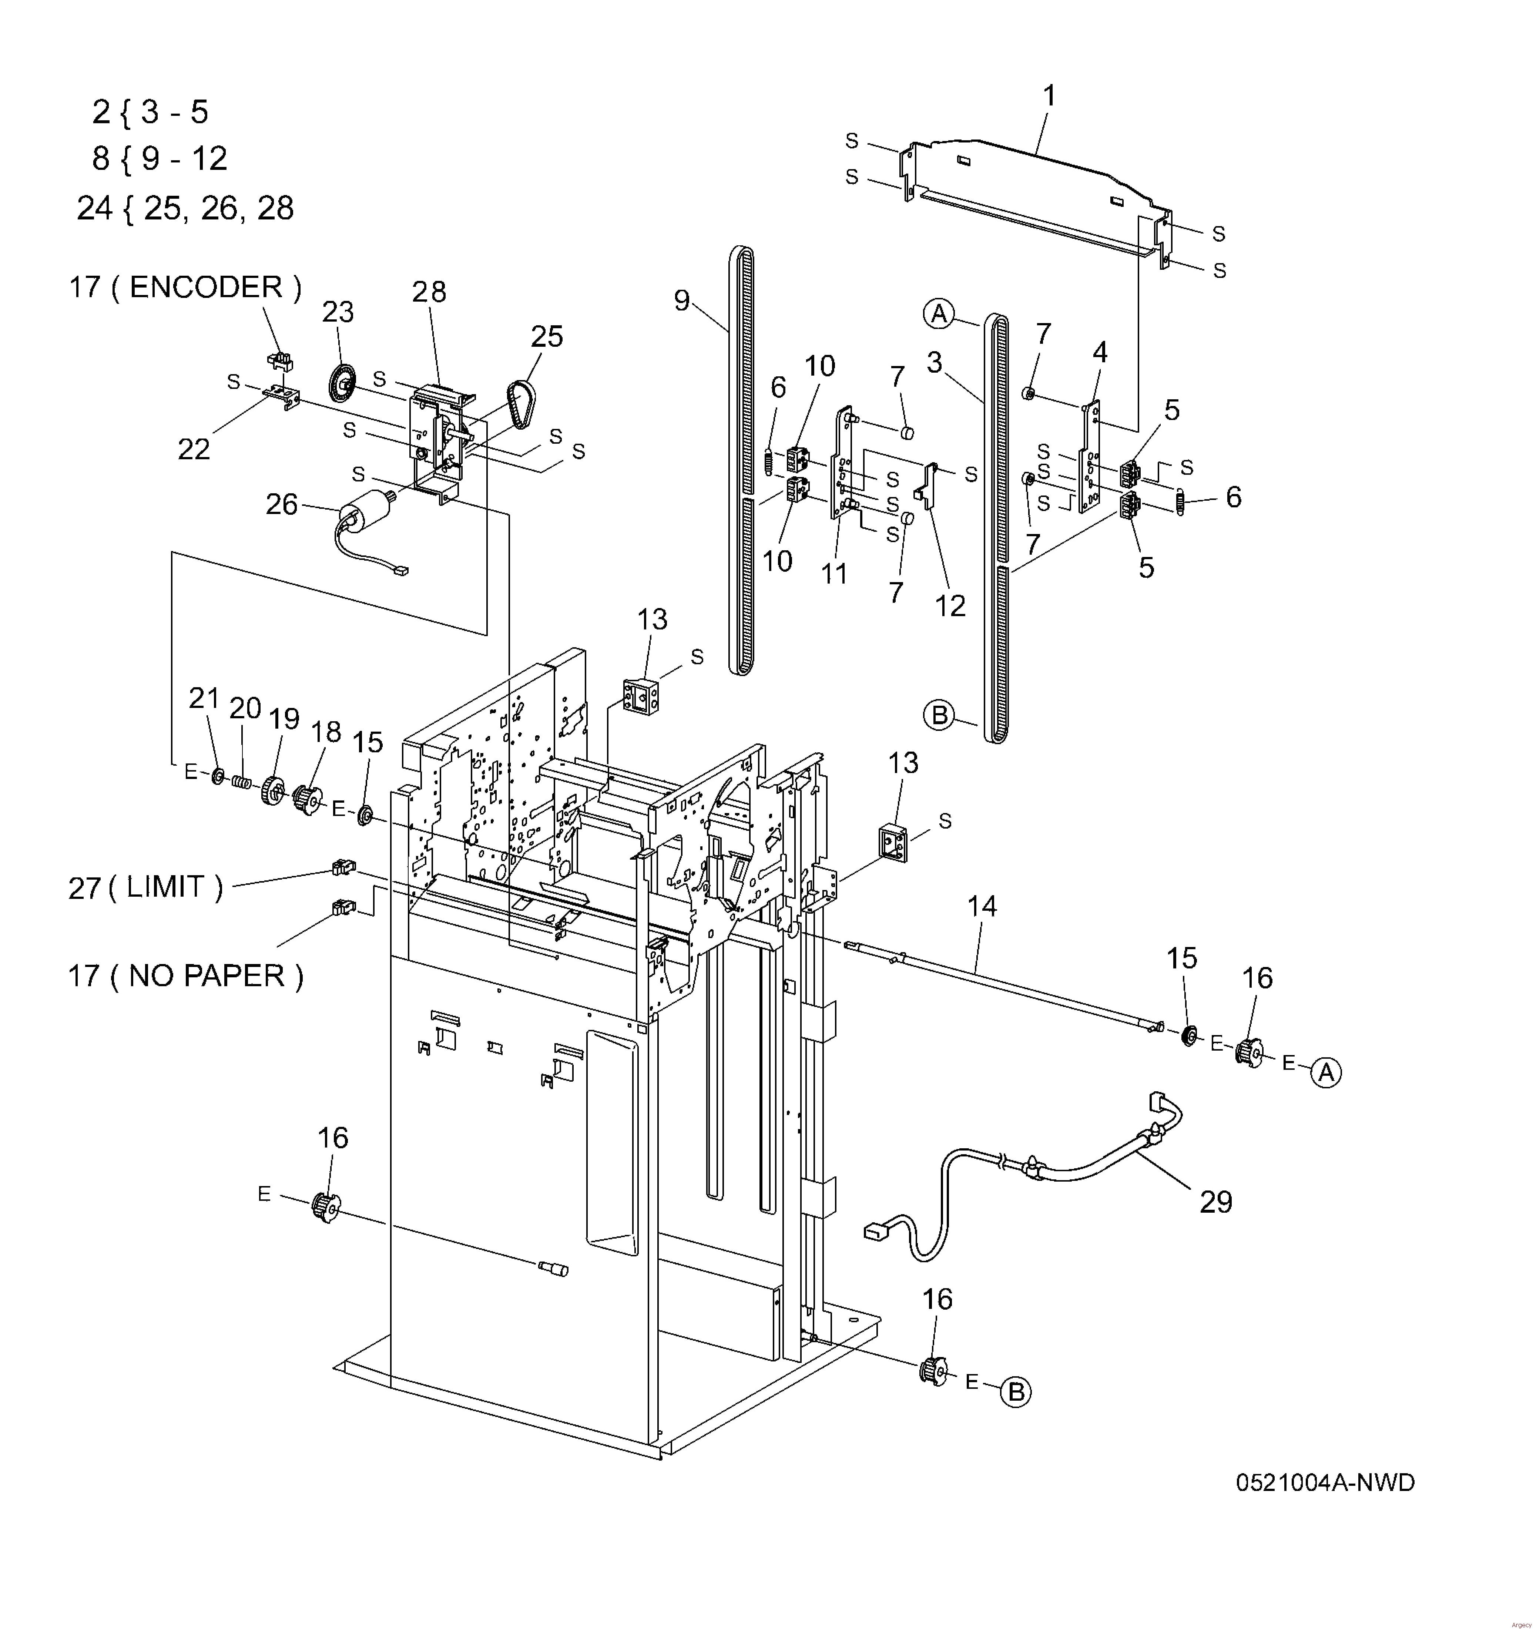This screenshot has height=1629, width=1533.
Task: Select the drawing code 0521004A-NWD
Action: coord(1325,1482)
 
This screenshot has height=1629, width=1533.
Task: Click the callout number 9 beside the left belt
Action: coord(682,301)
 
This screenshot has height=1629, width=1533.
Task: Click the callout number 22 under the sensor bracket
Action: coord(194,449)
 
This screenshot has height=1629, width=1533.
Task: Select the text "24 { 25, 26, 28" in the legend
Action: coord(185,208)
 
